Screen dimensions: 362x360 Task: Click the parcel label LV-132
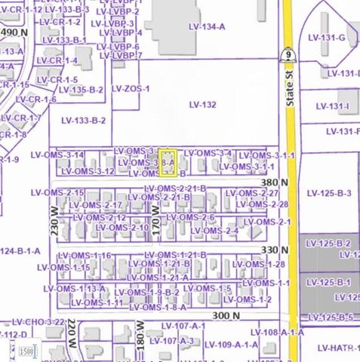pos(202,105)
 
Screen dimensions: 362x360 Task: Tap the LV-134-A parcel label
pos(206,27)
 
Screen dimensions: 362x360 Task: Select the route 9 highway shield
pos(288,55)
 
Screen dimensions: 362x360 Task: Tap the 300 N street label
pos(226,315)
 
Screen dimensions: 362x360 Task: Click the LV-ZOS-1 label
pos(131,88)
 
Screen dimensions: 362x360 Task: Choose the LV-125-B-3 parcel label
pos(329,193)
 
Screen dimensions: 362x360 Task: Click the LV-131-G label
pos(326,38)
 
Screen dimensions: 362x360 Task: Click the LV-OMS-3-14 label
pos(57,155)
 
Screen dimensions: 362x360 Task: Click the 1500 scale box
pos(26,351)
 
